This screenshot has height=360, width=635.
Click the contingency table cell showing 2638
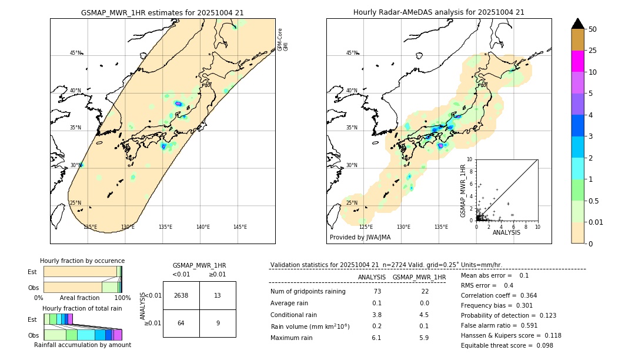[181, 295]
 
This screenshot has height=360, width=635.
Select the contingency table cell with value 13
[218, 295]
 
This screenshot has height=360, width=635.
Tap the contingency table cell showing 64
[181, 323]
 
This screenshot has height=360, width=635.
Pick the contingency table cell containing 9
[218, 323]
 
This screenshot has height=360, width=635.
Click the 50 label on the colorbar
[593, 29]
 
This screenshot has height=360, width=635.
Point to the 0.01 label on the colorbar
[596, 222]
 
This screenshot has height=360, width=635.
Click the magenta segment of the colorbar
[578, 61]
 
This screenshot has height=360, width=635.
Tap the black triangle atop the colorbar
[578, 24]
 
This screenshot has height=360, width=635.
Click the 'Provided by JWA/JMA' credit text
[360, 238]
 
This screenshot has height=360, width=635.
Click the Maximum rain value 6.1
[376, 338]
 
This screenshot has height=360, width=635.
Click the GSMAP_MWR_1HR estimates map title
[162, 12]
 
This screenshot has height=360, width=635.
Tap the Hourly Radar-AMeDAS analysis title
[439, 12]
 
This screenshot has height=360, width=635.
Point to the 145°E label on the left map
[240, 227]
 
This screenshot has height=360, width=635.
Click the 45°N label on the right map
[352, 53]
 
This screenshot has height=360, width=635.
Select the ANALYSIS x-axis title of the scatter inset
[506, 233]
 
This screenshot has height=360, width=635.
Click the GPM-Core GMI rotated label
[283, 39]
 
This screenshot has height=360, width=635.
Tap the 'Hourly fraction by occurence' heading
[82, 261]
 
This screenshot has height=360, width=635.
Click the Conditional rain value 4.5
[424, 315]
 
